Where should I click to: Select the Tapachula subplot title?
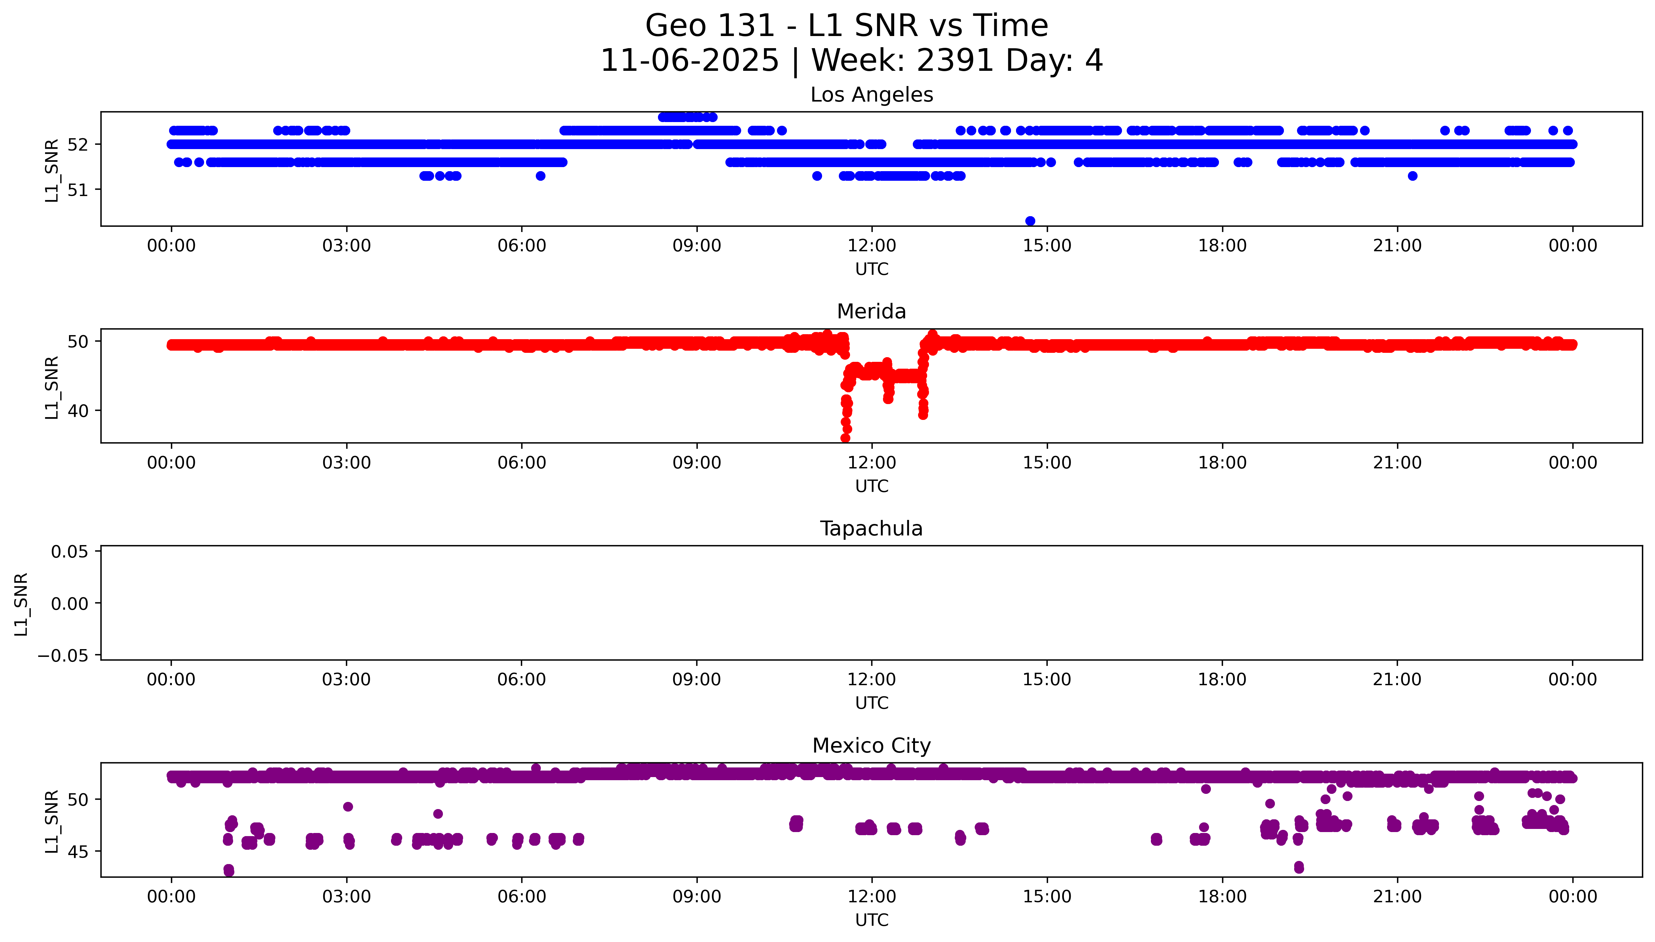point(871,529)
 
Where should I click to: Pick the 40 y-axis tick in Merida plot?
point(78,411)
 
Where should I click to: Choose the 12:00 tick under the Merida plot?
point(872,462)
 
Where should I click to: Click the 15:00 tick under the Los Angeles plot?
point(1046,246)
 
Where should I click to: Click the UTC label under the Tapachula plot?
point(871,703)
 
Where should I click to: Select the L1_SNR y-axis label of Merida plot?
point(52,387)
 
